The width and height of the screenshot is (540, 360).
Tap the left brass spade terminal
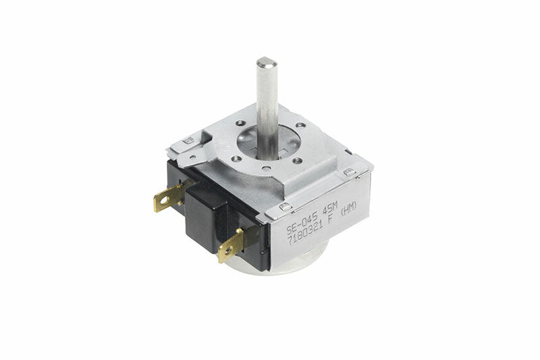click(x=168, y=197)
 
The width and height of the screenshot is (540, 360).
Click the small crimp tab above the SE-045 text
click(x=286, y=207)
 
